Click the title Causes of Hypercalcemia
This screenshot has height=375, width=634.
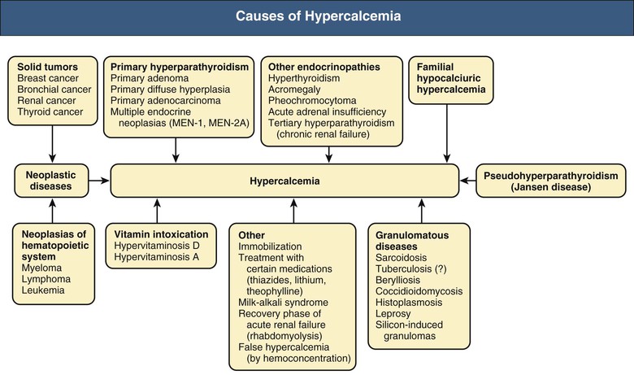point(317,16)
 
